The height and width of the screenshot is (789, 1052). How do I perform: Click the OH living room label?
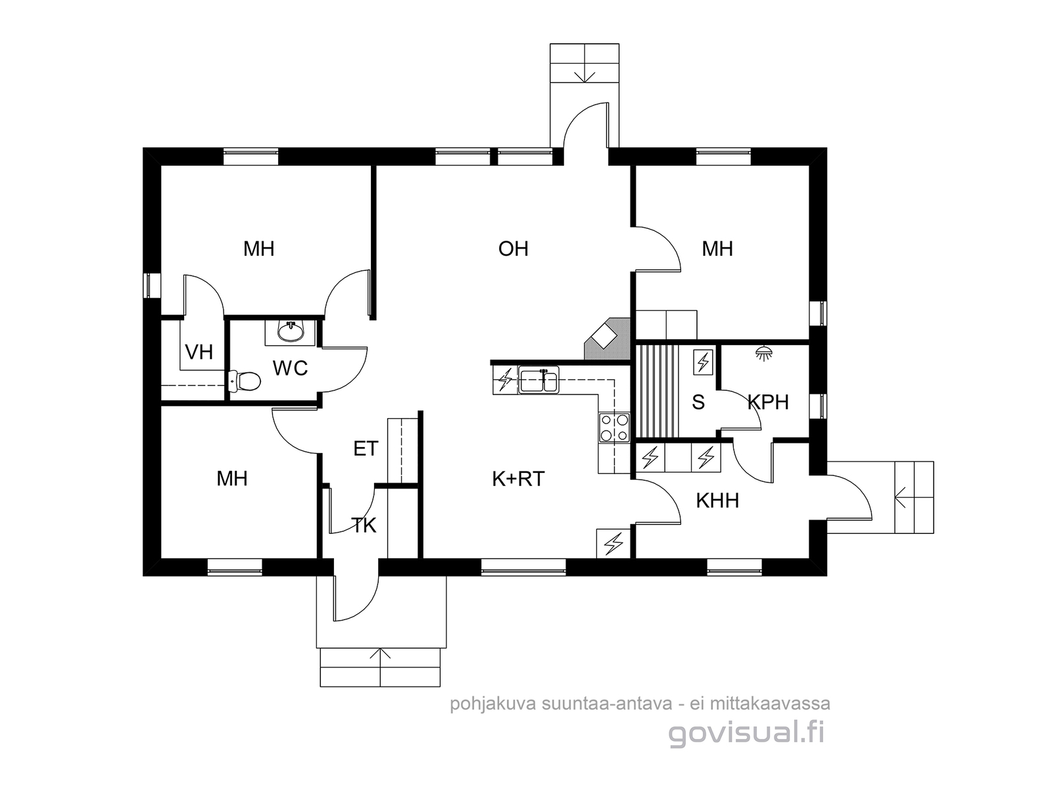coord(513,249)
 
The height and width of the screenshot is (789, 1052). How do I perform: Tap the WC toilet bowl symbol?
coord(245,381)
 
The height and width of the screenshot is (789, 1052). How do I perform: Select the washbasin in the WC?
coord(290,332)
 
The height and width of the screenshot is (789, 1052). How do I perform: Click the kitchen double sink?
coord(538,381)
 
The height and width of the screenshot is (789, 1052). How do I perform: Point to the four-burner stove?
coord(614,427)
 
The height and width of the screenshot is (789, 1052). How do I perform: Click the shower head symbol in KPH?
coord(765,352)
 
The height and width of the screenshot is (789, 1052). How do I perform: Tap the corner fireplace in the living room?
coord(606,339)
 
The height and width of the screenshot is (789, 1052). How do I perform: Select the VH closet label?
coord(199,352)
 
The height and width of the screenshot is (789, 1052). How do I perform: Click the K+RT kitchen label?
coord(518,479)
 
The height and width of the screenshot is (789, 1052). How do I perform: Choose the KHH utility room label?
coord(717,500)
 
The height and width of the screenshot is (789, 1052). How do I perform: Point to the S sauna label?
coord(698,402)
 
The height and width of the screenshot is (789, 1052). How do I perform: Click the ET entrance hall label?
coord(366,449)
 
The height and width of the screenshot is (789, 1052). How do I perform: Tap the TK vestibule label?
coord(364,525)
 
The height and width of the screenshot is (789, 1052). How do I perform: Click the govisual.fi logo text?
coord(746,733)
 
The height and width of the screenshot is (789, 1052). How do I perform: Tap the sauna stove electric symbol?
coord(703,362)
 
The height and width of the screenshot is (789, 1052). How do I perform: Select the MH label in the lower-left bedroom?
coord(232,479)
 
